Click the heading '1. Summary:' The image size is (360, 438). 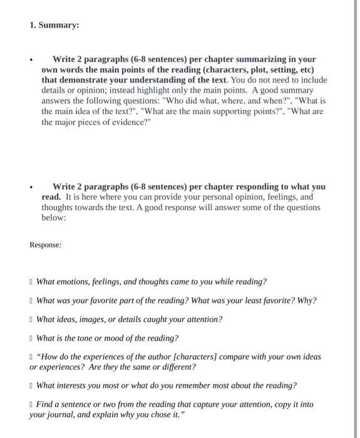54,26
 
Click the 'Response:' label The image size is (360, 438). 46,245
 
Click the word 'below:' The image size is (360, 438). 54,218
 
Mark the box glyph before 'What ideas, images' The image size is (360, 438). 31,320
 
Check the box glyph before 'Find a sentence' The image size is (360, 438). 31,405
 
